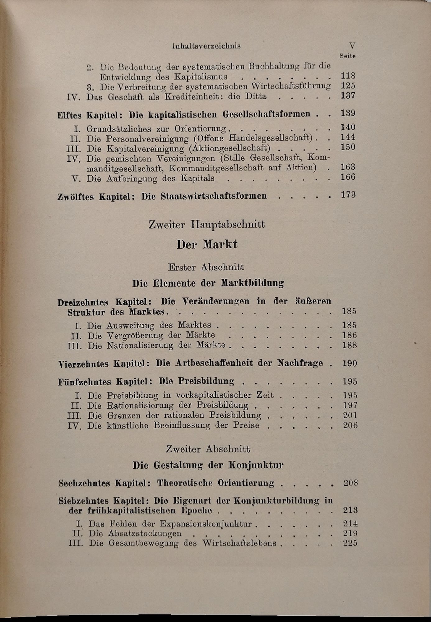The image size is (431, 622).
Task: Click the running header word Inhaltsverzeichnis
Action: click(x=206, y=46)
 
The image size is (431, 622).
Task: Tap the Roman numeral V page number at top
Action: click(x=352, y=46)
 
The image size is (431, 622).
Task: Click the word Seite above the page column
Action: click(x=348, y=56)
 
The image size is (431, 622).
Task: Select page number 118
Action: click(x=348, y=76)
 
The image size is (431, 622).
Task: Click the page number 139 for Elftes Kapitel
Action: click(x=348, y=114)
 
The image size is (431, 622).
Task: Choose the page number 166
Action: click(x=348, y=177)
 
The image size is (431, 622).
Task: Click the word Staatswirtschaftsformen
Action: click(x=214, y=196)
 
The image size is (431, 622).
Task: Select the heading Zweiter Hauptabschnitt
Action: click(x=207, y=225)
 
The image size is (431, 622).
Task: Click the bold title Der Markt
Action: click(x=207, y=245)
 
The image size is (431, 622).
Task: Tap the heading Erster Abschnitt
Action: click(x=206, y=267)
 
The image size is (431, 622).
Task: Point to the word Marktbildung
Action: click(x=252, y=283)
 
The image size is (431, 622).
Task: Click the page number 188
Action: click(x=350, y=345)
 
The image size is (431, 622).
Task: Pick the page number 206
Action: click(x=350, y=425)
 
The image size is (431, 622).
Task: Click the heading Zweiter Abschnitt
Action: click(x=208, y=449)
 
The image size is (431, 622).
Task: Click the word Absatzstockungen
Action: click(x=145, y=533)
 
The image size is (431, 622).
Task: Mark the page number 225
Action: click(x=350, y=543)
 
